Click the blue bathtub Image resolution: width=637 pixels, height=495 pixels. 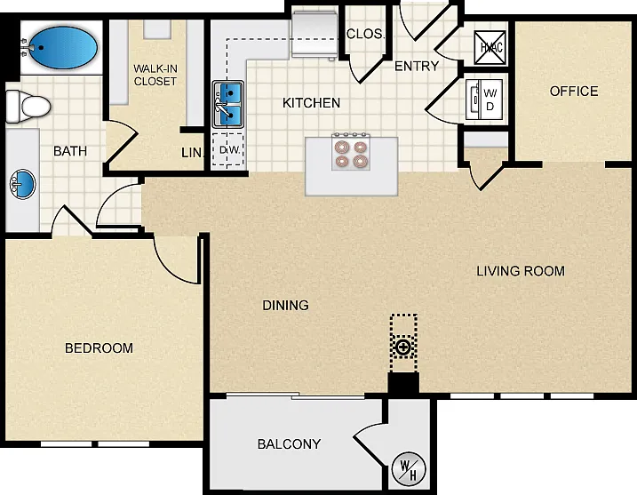(x=64, y=48)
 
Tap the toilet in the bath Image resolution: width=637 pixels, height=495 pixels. (x=28, y=107)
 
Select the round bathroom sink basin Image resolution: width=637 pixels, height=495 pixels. (x=23, y=185)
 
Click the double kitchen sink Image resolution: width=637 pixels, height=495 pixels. (x=228, y=104)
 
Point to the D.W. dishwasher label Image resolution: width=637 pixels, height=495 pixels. (x=229, y=150)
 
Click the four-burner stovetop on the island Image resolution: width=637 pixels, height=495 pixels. (x=351, y=152)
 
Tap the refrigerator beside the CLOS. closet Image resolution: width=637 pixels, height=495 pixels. (x=314, y=35)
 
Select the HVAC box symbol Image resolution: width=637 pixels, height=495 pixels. (x=490, y=48)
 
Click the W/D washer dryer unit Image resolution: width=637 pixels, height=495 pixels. (x=484, y=100)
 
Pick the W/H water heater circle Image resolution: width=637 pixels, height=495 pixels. (x=409, y=470)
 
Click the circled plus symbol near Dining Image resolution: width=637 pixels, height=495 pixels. (x=403, y=347)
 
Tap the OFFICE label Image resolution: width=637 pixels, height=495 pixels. (x=574, y=91)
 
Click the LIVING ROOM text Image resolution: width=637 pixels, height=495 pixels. (x=521, y=271)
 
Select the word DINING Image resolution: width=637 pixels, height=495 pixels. (x=285, y=305)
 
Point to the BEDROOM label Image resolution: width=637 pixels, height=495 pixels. (x=99, y=347)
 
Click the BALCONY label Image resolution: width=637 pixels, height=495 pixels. (x=289, y=443)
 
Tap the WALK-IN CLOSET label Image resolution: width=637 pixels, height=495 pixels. (x=155, y=75)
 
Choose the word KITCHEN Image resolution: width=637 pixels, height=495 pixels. (x=311, y=103)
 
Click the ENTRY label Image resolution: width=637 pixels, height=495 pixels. (x=417, y=66)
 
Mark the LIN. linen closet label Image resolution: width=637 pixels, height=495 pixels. (x=191, y=153)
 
